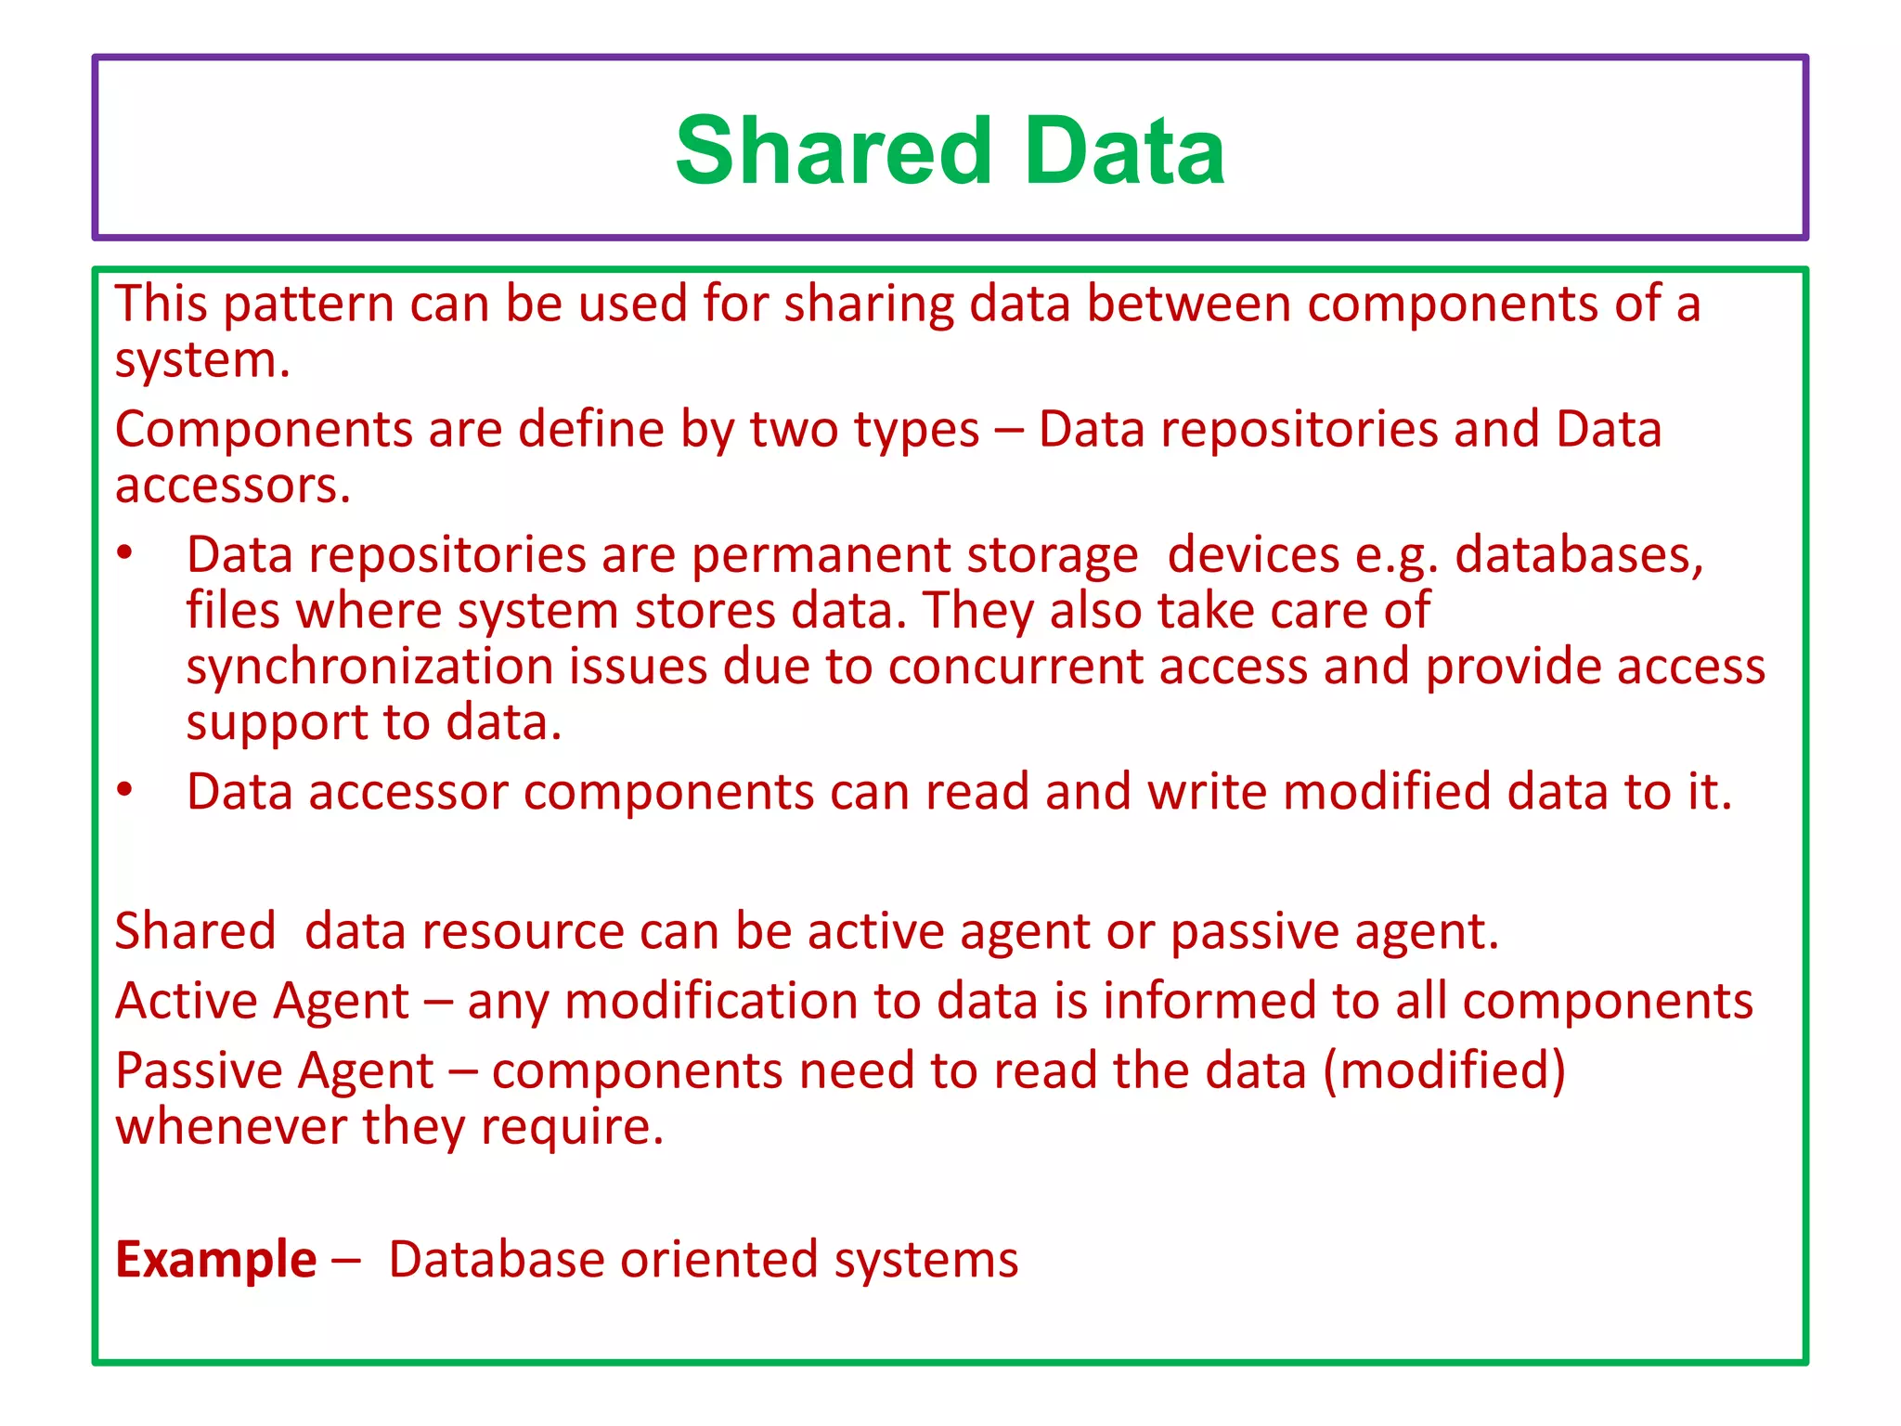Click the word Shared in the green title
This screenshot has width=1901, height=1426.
(834, 150)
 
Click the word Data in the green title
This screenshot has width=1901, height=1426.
(1125, 150)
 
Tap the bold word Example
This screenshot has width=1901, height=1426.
(215, 1260)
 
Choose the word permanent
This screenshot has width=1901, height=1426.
(821, 555)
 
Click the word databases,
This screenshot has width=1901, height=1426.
(1578, 555)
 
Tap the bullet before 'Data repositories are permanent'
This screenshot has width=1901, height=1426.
(125, 554)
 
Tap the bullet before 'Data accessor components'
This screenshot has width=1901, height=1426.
(125, 791)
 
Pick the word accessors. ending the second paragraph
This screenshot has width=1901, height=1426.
(233, 486)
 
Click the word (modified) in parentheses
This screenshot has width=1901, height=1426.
(1443, 1070)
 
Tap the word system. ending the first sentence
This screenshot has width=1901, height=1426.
(202, 362)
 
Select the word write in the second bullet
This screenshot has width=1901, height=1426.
(1207, 792)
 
